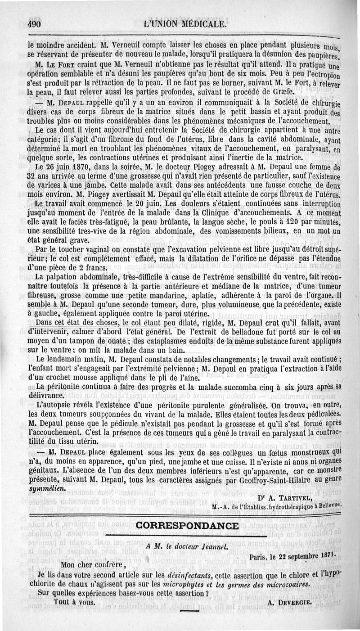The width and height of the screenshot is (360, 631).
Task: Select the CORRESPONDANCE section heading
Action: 188,525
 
